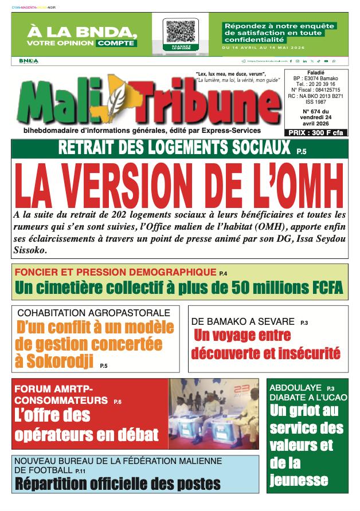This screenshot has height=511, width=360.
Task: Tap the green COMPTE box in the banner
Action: point(116,42)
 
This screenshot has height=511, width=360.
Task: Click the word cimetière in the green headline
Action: point(89,287)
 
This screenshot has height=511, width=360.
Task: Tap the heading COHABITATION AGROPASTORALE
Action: point(94,313)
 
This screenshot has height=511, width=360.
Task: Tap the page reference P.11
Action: point(82,471)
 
